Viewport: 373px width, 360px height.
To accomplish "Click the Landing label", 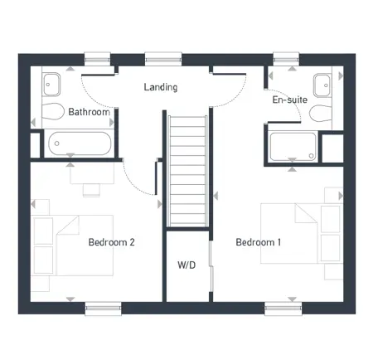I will pyautogui.click(x=160, y=87).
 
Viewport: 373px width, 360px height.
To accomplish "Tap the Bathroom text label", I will pyautogui.click(x=89, y=111).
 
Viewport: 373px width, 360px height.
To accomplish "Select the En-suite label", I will pyautogui.click(x=290, y=100).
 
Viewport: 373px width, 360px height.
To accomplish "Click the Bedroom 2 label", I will pyautogui.click(x=112, y=242).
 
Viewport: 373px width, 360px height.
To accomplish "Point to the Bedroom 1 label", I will pyautogui.click(x=259, y=242).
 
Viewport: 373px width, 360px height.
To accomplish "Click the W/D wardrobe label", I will pyautogui.click(x=186, y=265).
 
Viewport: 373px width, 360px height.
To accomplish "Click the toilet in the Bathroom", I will pyautogui.click(x=54, y=113).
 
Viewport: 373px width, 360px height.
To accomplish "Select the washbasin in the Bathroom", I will pyautogui.click(x=51, y=82).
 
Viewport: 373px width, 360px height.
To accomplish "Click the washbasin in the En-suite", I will pyautogui.click(x=323, y=82).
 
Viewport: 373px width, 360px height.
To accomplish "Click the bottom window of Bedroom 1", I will pyautogui.click(x=282, y=309).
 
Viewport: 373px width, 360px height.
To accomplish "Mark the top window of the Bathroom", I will pyautogui.click(x=97, y=58).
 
